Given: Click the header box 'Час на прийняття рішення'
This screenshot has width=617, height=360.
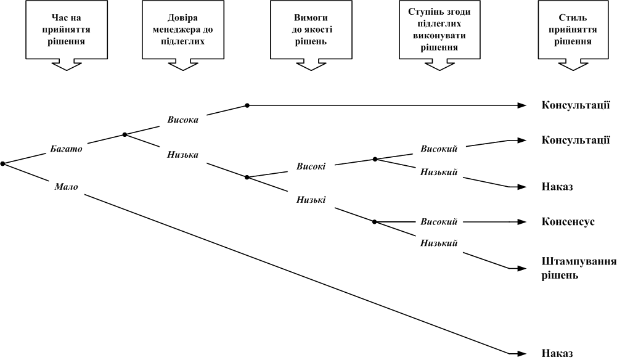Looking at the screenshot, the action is pos(67,30).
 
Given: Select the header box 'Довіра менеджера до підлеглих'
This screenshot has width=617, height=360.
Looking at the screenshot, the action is pos(183,30).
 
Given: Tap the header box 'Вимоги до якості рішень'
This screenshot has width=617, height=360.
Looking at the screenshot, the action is pos(311,30).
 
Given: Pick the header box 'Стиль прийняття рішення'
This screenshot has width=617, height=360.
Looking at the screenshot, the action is pos(573,30).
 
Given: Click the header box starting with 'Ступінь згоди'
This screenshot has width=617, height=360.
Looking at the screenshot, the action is pos(439,30).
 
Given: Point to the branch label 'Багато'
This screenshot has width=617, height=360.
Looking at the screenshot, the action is pos(66,149).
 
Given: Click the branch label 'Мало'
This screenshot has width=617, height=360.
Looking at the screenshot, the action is pos(66,187).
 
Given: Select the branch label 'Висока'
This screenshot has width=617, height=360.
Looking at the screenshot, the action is pos(183,120).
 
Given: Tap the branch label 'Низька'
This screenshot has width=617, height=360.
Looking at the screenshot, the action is pos(182,155).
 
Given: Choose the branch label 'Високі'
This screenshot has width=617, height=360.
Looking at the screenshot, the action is pos(311,166).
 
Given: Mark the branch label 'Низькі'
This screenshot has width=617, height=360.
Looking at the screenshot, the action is pos(311,200).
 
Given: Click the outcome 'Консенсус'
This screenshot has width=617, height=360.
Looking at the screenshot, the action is pos(568,221).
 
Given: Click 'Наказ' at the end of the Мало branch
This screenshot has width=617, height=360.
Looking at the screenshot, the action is pos(557,353).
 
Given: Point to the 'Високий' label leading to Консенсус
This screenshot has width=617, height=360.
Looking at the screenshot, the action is pos(439,221).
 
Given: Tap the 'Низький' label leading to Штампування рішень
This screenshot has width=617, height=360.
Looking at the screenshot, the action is pos(439,243).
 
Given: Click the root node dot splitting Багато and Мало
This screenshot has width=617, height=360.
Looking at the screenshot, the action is pos(2,164).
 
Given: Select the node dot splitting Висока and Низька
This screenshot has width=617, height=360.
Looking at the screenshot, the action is pos(125,134).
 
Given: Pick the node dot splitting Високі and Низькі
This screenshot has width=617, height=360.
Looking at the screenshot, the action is pos(247,178).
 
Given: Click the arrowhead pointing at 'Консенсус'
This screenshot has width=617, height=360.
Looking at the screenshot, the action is pos(522,222).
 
